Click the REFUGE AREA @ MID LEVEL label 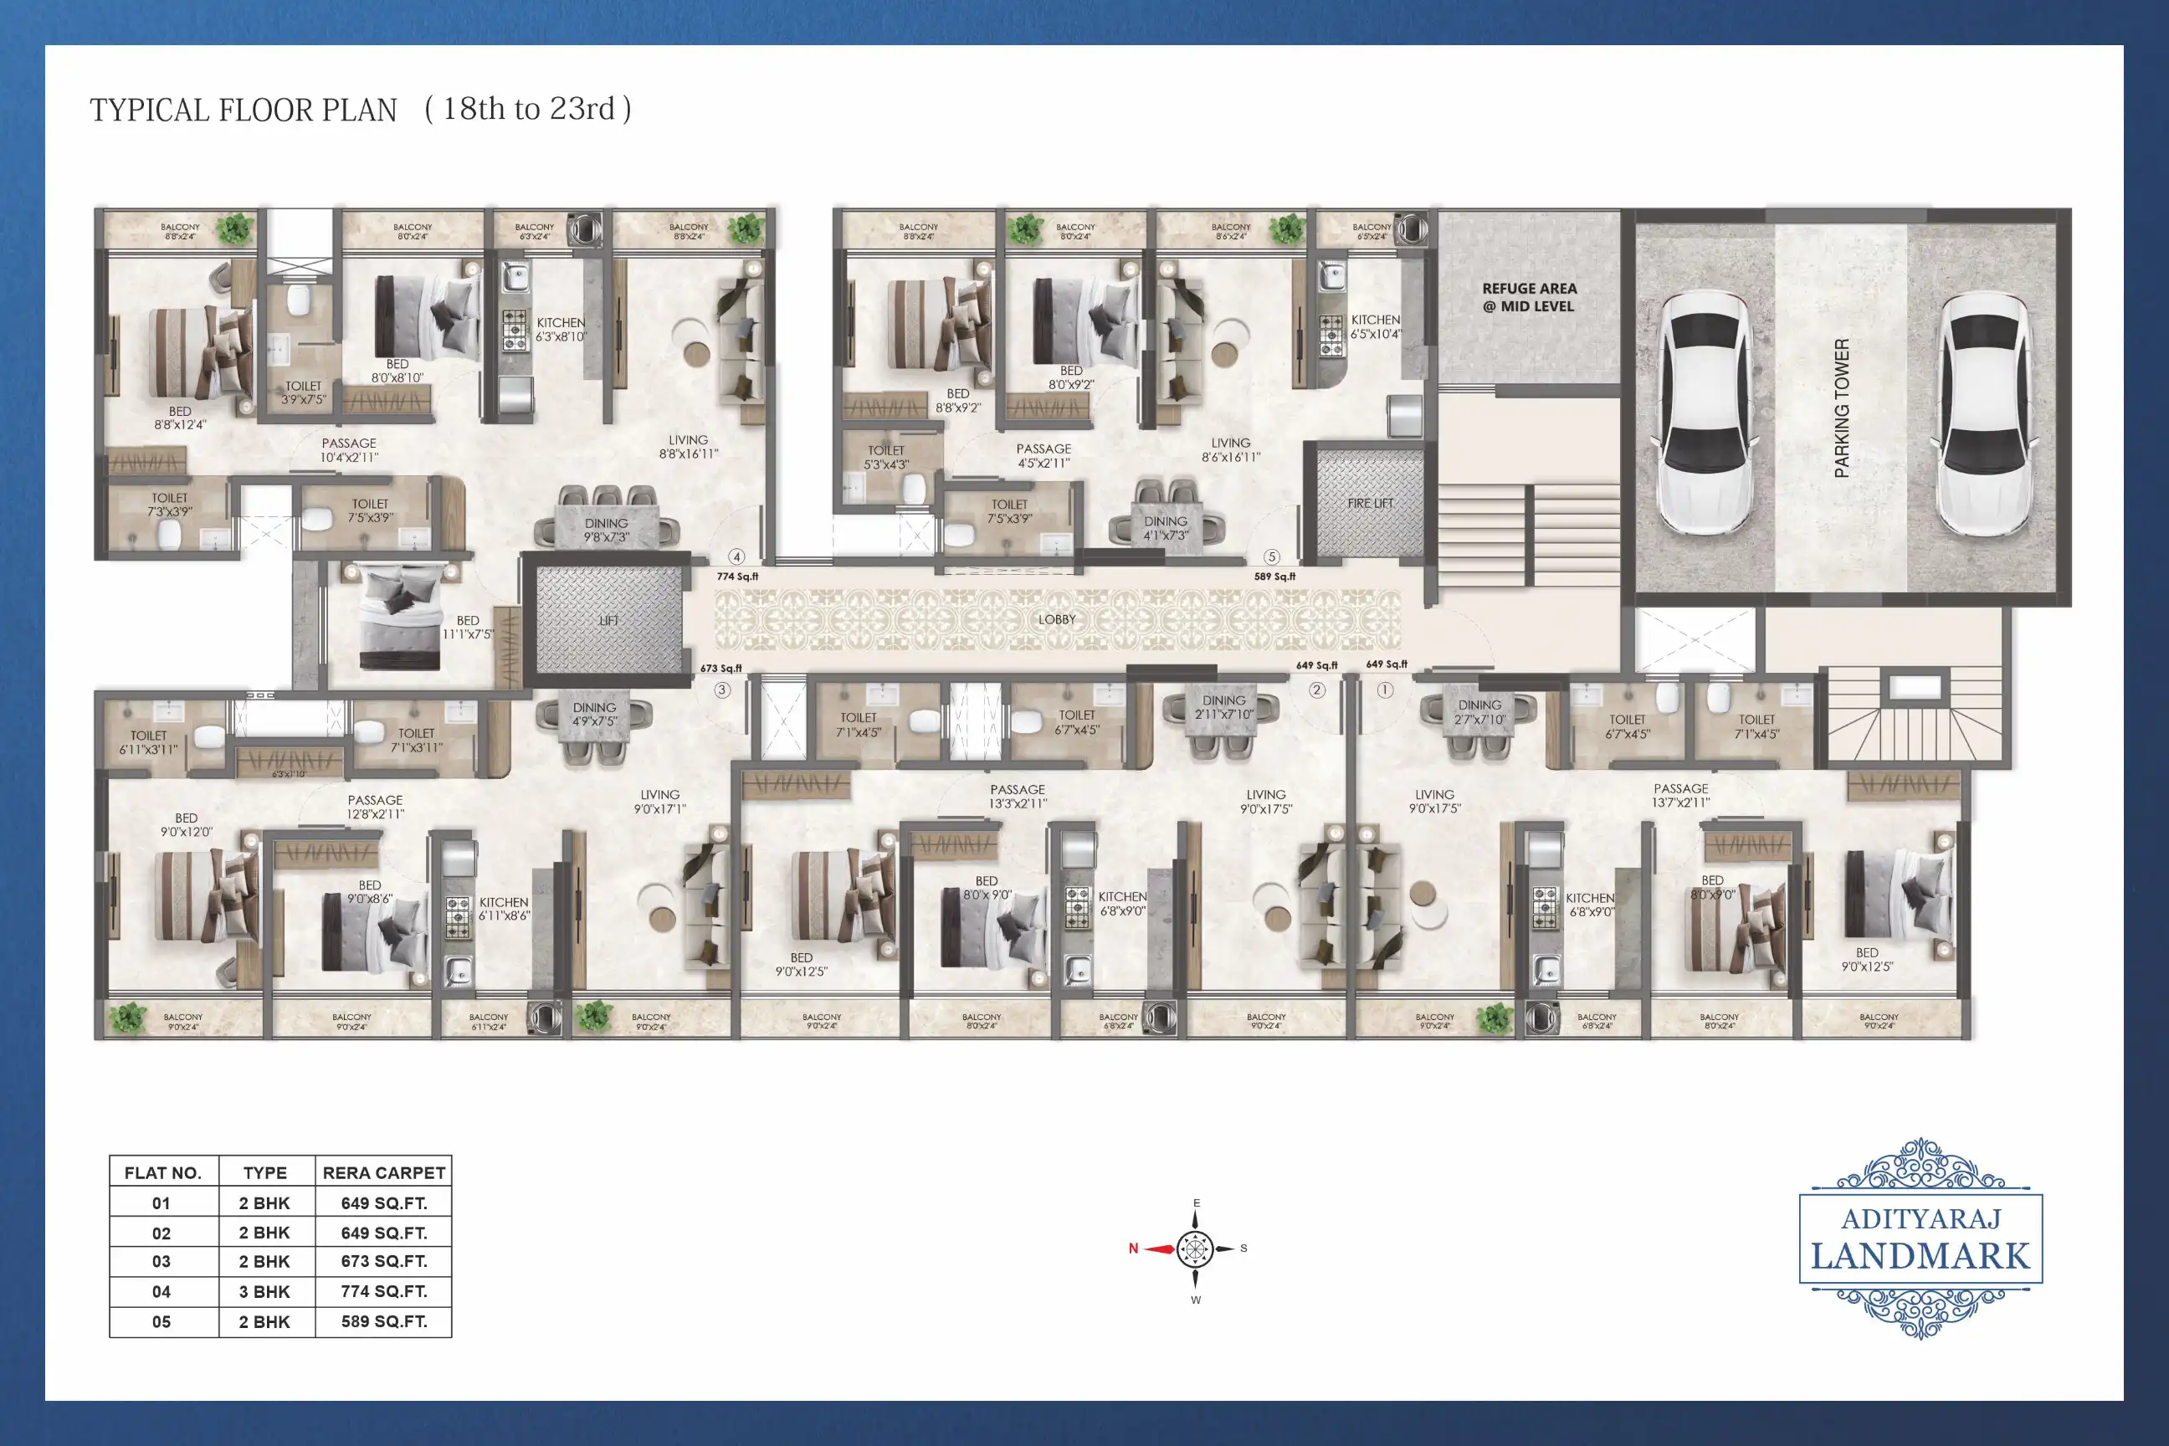[x=1529, y=297]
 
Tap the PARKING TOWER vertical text [x=1842, y=408]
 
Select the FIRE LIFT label [x=1370, y=504]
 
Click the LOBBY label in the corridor [x=1057, y=620]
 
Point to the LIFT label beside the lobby [x=608, y=621]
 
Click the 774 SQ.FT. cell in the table [x=383, y=1291]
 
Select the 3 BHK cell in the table [x=264, y=1292]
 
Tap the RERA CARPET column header [x=383, y=1173]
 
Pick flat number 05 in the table [x=162, y=1321]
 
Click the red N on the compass [x=1133, y=1249]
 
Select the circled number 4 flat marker [x=736, y=557]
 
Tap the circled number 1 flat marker [x=1384, y=690]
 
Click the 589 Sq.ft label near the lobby [x=1274, y=577]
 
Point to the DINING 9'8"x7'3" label [x=606, y=530]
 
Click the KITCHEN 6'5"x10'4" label [x=1375, y=326]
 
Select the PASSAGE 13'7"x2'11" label [x=1680, y=795]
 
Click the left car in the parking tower [x=1706, y=413]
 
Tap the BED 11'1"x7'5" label [x=468, y=627]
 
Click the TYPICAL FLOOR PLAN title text [x=243, y=110]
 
